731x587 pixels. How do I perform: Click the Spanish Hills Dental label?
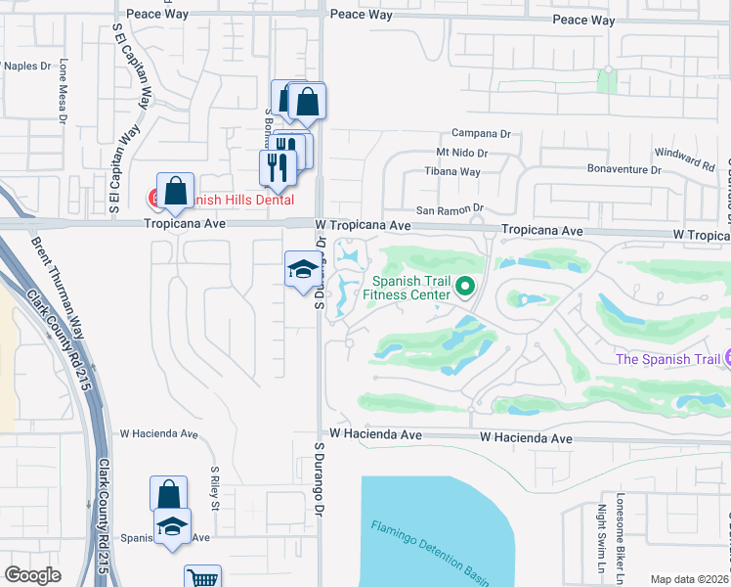pos(239,199)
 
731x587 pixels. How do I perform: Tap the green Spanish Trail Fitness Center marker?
pos(465,288)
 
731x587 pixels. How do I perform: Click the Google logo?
pos(32,575)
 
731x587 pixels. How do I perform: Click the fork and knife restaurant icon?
pos(278,165)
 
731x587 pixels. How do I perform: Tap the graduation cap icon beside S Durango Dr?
pos(304,268)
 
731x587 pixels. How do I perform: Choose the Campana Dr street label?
pos(481,133)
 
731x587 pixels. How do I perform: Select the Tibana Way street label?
pos(451,171)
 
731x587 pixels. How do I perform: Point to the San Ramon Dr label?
pos(451,209)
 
